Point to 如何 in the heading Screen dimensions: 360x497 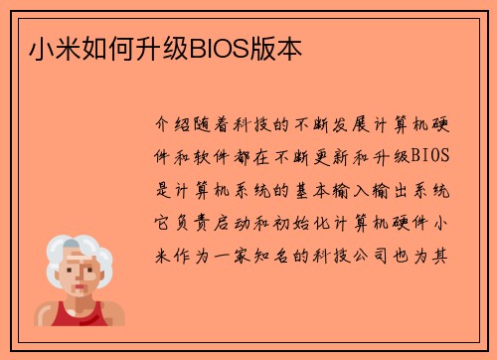coord(83,48)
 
